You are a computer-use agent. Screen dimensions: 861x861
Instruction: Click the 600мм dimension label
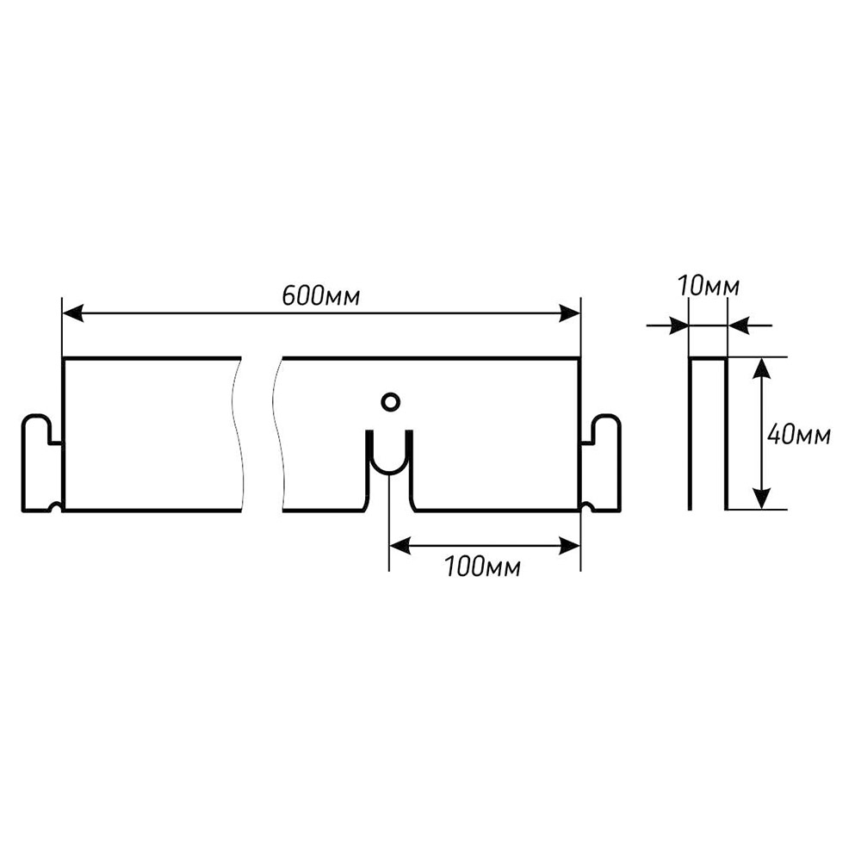[x=320, y=295]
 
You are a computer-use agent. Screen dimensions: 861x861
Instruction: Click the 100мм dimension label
[x=482, y=567]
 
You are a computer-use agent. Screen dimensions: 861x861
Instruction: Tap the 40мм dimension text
[x=798, y=436]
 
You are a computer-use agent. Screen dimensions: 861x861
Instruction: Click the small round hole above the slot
[x=390, y=401]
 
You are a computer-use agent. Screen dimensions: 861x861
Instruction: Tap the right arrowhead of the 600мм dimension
[x=571, y=313]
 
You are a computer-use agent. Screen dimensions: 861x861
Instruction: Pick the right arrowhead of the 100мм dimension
[x=571, y=544]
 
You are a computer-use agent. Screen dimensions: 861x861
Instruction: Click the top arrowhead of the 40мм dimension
[x=761, y=369]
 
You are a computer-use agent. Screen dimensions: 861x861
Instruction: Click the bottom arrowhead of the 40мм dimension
[x=761, y=498]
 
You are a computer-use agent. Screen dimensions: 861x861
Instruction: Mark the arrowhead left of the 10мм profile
[x=679, y=325]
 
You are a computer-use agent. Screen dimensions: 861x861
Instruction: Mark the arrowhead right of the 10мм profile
[x=738, y=325]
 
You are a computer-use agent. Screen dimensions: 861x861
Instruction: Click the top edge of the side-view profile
[x=708, y=358]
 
